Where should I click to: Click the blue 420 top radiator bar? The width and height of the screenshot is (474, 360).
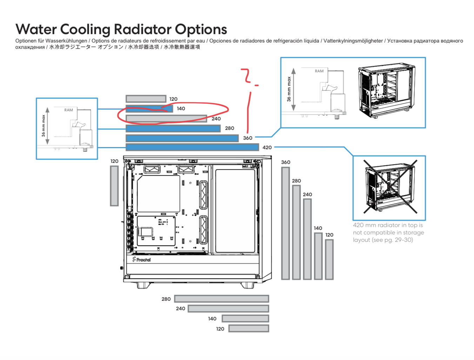[192, 147]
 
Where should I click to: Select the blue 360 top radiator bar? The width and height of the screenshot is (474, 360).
[182, 138]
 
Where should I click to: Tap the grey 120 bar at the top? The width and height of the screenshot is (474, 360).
[146, 99]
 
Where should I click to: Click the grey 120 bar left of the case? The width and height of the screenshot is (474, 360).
[114, 186]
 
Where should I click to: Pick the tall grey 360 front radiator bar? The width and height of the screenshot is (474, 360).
[286, 223]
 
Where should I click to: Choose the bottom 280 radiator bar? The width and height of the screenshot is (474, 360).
[221, 299]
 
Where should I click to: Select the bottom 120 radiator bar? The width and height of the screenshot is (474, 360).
[249, 328]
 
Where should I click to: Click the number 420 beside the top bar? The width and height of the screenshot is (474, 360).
[267, 147]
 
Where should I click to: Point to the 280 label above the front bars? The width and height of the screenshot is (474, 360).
[296, 181]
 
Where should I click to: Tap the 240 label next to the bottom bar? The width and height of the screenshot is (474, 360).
[181, 308]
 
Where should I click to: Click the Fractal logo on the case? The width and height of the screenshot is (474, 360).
[141, 260]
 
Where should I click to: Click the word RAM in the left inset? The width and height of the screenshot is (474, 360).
[69, 110]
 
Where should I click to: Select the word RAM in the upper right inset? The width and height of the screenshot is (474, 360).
[319, 71]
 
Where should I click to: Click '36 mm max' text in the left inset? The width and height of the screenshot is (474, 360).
[44, 126]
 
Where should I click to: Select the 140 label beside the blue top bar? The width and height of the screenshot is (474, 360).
[181, 108]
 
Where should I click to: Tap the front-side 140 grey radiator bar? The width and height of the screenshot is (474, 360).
[318, 256]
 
